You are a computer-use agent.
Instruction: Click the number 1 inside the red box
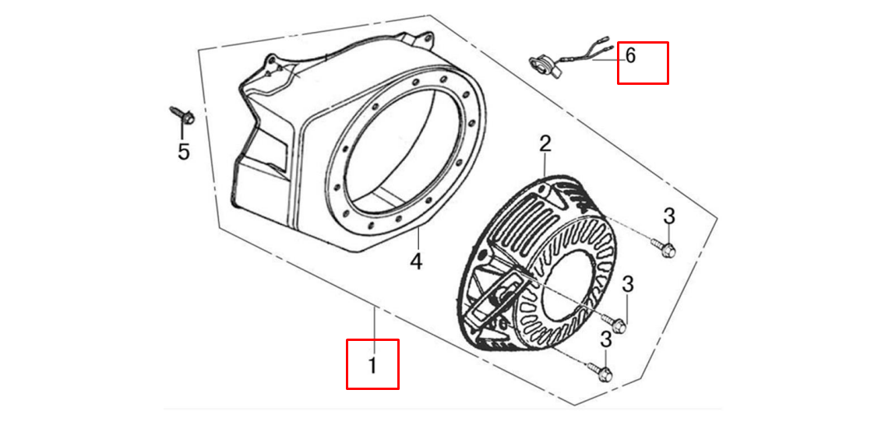[372, 365]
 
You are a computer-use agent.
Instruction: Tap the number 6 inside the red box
[630, 56]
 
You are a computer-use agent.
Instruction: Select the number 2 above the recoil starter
[545, 144]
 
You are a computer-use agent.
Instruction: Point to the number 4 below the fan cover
[417, 262]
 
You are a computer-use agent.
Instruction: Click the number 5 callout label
[183, 153]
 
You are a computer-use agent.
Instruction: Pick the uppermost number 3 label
[669, 216]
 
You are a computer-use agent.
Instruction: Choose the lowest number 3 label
[606, 340]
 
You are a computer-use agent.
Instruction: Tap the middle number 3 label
[627, 285]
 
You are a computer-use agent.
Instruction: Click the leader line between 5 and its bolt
[182, 132]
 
